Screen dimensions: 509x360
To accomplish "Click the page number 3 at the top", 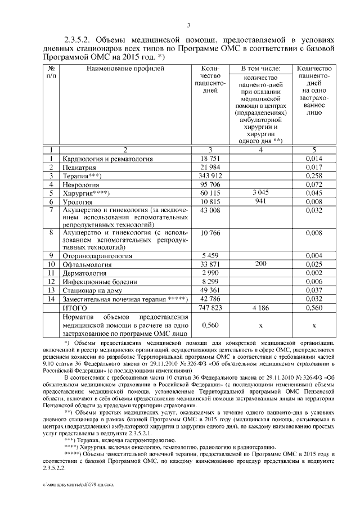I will click(188, 25).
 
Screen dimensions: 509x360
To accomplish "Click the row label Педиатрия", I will click(79, 168).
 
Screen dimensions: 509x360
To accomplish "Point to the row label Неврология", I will click(81, 184).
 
